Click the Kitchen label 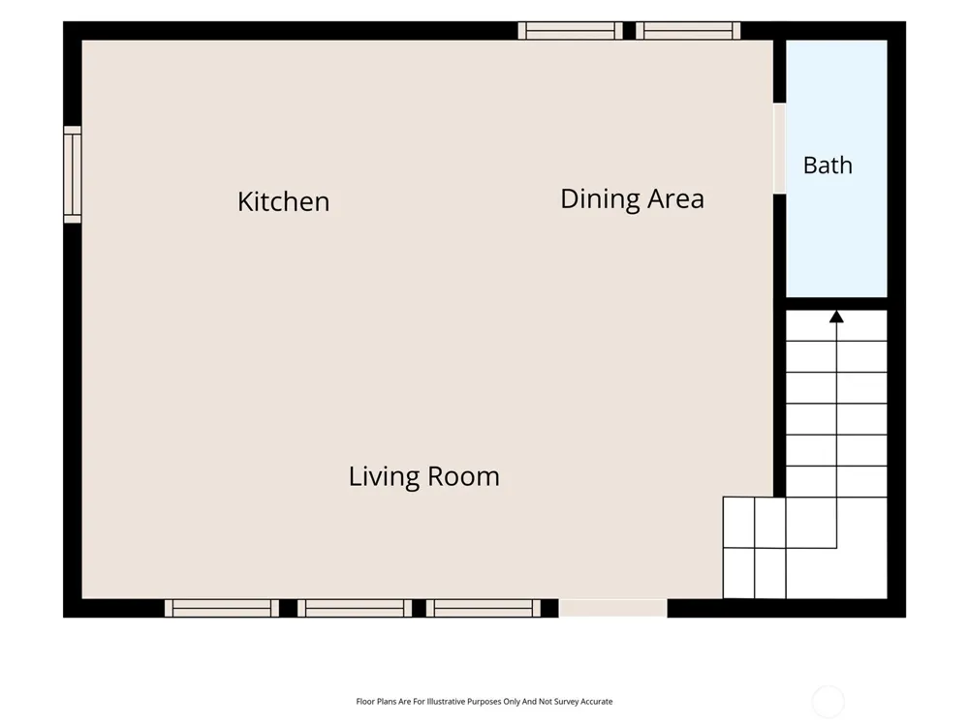pos(284,201)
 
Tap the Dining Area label pos(632,199)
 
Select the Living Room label pos(424,476)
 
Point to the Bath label pos(828,166)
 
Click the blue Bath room pos(836,168)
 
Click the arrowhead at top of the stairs pos(837,317)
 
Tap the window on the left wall pos(73,174)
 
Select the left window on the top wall pos(571,31)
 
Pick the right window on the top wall pos(688,31)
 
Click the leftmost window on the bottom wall pos(222,608)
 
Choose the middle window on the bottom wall pos(355,608)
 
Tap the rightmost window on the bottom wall pos(484,608)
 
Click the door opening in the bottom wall pos(613,608)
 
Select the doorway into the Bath pos(779,148)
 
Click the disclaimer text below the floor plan pos(484,701)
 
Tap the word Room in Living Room pos(463,476)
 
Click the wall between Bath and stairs pos(836,304)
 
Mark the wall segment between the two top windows pos(629,31)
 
